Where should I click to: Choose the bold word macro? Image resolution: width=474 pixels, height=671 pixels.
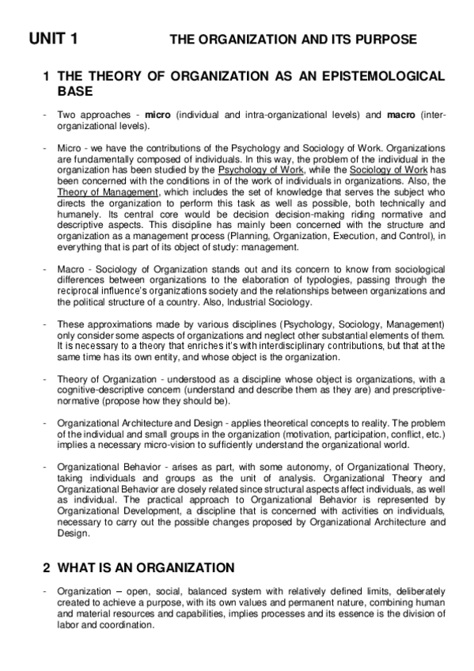click(x=402, y=116)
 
